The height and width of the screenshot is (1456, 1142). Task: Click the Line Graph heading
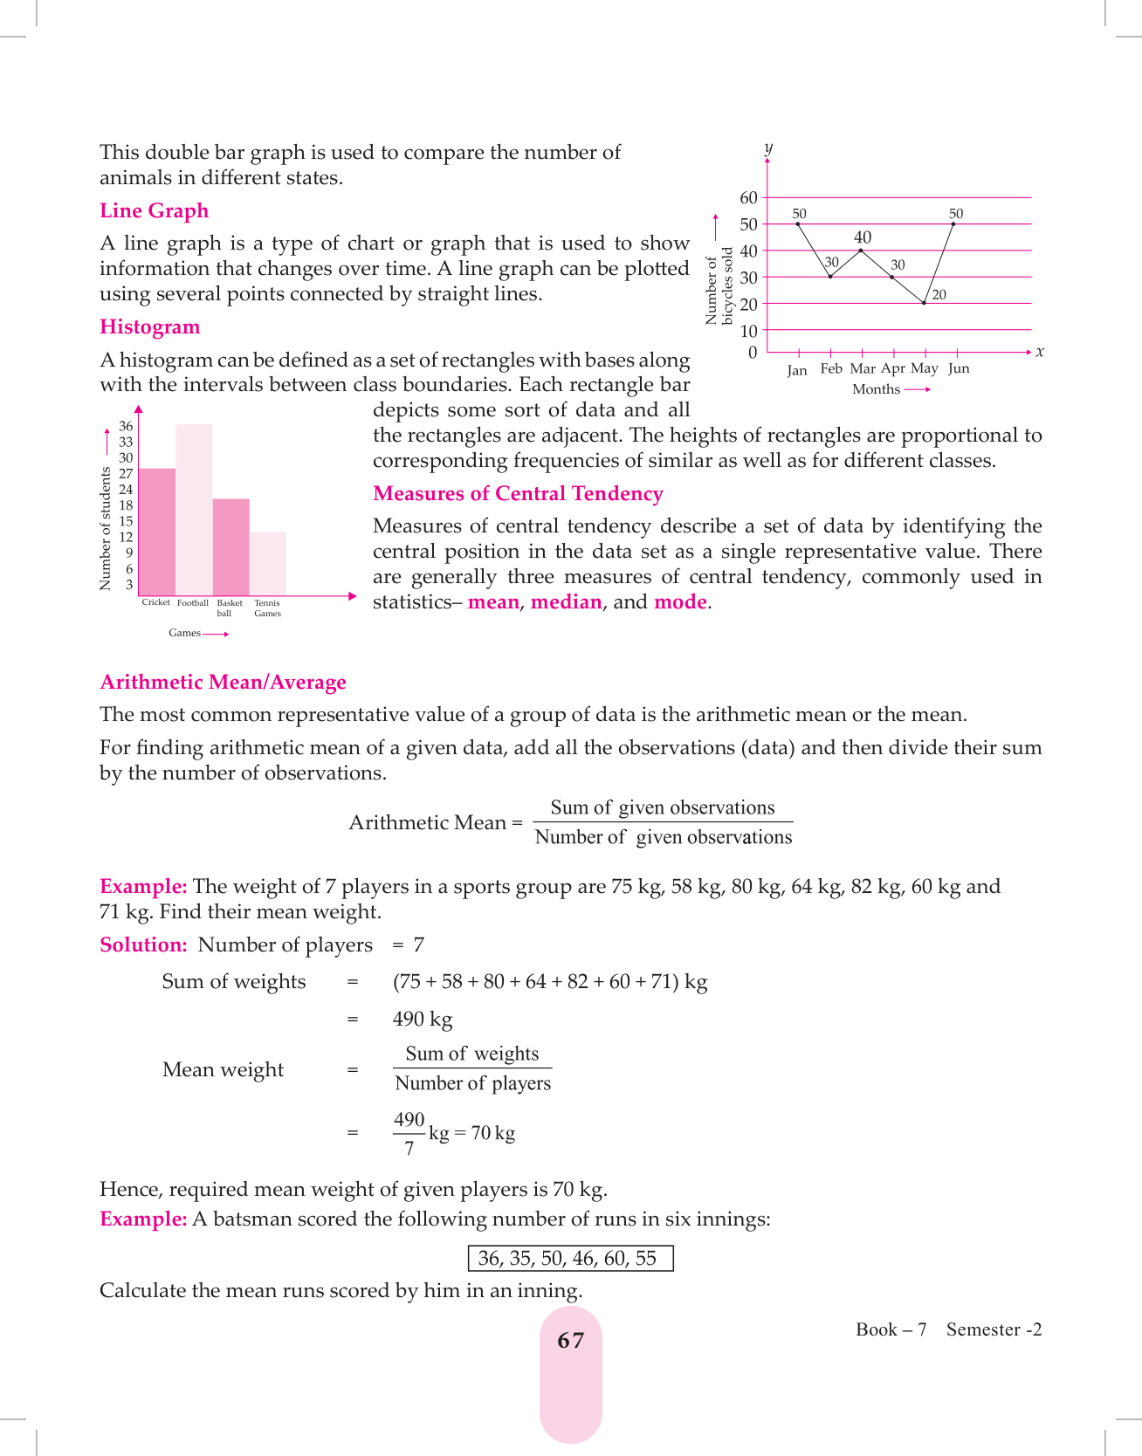click(x=154, y=211)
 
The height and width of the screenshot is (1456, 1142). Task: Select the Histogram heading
click(x=149, y=327)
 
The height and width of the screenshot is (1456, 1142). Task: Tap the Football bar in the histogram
click(x=194, y=511)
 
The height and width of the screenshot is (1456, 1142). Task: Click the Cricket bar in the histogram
click(x=157, y=532)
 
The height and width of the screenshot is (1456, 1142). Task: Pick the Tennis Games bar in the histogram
click(x=268, y=564)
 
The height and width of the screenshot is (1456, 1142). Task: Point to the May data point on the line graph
click(x=924, y=303)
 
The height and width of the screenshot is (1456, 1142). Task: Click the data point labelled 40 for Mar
click(x=862, y=251)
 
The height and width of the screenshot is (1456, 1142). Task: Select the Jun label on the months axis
click(x=959, y=368)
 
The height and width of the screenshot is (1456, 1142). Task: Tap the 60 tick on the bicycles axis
click(x=748, y=198)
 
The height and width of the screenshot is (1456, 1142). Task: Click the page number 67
click(x=571, y=1341)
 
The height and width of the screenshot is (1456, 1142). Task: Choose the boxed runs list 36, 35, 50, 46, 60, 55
click(x=571, y=1259)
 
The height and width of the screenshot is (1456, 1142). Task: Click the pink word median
click(x=567, y=602)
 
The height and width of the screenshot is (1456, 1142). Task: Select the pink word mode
click(x=680, y=602)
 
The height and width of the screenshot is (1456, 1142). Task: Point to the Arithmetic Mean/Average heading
click(x=223, y=683)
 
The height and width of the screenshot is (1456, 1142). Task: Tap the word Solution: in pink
click(x=143, y=945)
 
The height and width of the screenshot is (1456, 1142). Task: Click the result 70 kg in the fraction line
click(x=493, y=1133)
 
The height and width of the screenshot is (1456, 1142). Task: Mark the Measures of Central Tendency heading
click(x=518, y=494)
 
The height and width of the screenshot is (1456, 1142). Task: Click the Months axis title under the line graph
click(x=876, y=389)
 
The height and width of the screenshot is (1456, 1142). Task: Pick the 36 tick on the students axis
click(x=127, y=426)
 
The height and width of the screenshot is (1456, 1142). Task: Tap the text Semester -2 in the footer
click(x=994, y=1329)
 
